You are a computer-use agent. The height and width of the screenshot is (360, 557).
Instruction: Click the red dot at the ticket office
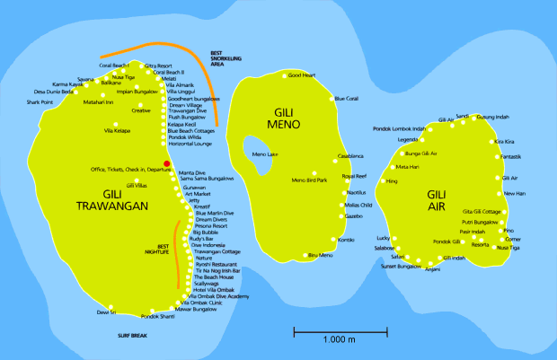tap(167, 162)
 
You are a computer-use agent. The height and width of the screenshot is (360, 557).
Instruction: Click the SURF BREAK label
tap(131, 335)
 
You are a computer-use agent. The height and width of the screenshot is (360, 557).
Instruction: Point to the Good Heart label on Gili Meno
tap(302, 75)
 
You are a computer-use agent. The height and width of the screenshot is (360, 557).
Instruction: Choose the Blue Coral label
tap(346, 98)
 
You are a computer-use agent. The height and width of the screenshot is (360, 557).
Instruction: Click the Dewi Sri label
tap(107, 312)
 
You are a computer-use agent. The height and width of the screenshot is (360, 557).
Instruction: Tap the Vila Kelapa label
tap(118, 131)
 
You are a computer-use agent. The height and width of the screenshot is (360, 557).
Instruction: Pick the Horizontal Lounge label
tap(190, 144)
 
